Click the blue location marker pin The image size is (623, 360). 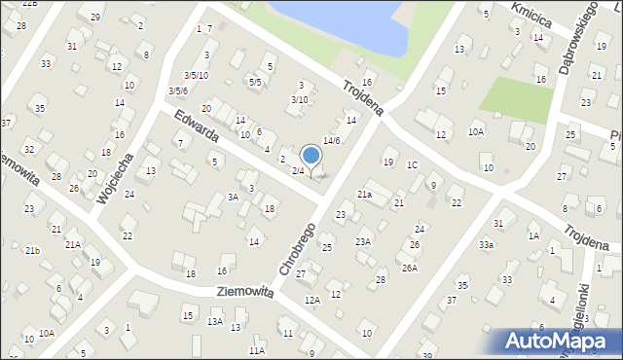tap(311, 155)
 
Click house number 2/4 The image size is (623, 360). tap(298, 171)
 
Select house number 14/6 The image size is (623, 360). tap(332, 141)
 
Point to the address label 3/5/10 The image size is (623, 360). tap(196, 76)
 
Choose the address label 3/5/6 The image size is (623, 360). tap(177, 91)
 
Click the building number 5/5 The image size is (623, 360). tap(255, 83)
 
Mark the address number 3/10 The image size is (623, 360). tap(300, 99)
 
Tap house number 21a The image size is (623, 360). tap(364, 195)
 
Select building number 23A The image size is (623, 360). tap(363, 242)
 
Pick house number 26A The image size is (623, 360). tap(410, 268)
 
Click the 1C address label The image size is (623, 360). tap(412, 164)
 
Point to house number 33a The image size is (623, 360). tap(486, 245)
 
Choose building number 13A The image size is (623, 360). tap(214, 321)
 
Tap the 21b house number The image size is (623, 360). tap(32, 251)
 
